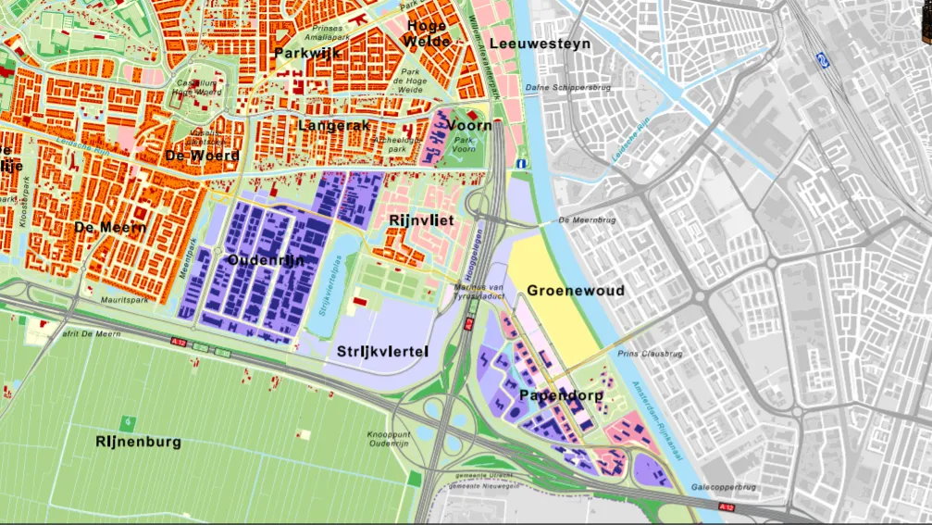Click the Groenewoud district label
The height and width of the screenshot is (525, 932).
click(576, 291)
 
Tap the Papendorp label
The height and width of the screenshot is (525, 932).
click(561, 395)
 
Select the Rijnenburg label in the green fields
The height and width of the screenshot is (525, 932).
click(138, 442)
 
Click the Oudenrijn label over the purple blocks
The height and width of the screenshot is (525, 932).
click(266, 260)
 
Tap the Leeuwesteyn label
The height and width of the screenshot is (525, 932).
click(540, 44)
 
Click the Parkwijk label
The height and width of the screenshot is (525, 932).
click(307, 53)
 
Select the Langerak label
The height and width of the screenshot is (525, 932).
click(334, 124)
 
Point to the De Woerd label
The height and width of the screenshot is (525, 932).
click(202, 155)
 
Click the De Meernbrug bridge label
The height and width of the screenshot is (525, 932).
click(589, 220)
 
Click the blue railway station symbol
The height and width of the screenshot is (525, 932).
click(821, 58)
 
